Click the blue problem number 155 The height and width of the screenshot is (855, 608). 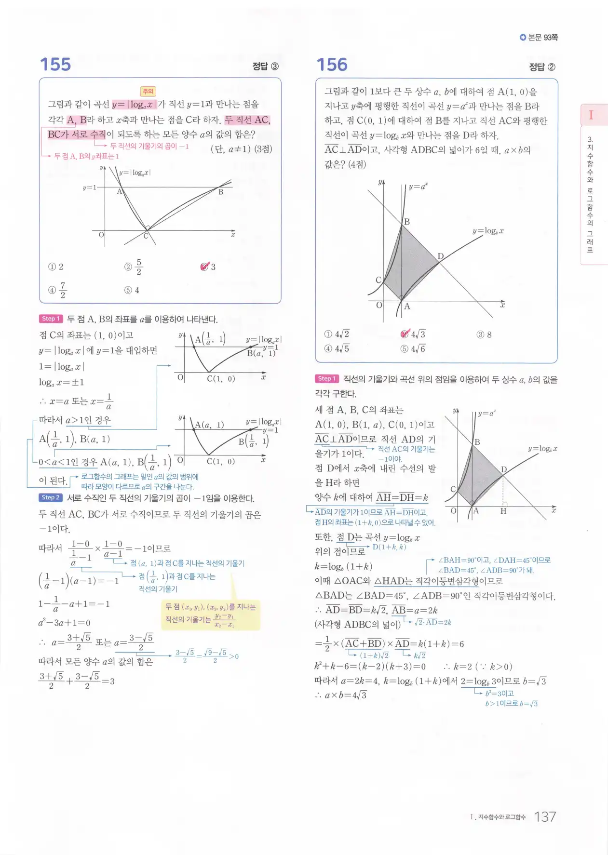click(x=55, y=65)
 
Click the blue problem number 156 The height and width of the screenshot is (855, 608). click(x=332, y=65)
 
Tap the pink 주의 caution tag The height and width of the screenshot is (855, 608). click(x=148, y=91)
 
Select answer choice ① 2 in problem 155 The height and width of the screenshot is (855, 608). click(x=56, y=267)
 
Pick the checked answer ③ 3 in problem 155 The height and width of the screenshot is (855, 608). click(x=208, y=267)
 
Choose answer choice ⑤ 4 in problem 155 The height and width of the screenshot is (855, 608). click(x=132, y=290)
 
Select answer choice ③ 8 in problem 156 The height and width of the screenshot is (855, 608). click(x=484, y=334)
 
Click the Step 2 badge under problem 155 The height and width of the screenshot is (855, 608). click(x=51, y=497)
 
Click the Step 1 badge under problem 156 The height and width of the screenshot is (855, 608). click(x=327, y=379)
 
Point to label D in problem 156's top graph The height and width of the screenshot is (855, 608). click(x=440, y=256)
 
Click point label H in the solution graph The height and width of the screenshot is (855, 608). click(x=503, y=511)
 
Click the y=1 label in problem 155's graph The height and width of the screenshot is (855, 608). click(x=89, y=187)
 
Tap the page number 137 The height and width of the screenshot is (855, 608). click(x=545, y=816)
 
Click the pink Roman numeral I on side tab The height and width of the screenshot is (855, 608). click(x=591, y=115)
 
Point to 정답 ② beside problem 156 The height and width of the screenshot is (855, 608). click(x=542, y=67)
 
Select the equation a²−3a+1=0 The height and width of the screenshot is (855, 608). click(x=64, y=623)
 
